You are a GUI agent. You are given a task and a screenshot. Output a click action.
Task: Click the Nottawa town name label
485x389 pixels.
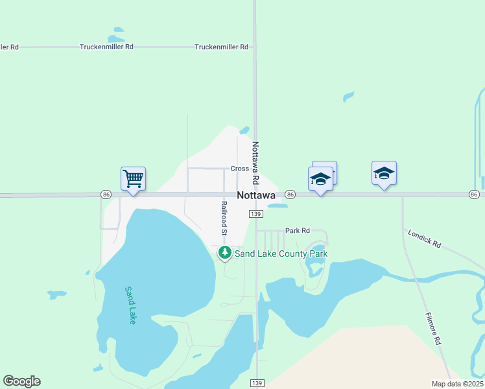click(x=257, y=195)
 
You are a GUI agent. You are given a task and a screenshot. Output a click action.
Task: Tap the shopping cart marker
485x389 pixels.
click(x=133, y=178)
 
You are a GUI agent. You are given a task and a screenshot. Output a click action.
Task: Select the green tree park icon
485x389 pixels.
click(x=225, y=253)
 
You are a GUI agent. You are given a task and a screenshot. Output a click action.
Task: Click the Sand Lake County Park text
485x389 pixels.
click(x=281, y=253)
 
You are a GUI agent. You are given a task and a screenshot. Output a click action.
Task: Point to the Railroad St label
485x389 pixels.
click(x=224, y=218)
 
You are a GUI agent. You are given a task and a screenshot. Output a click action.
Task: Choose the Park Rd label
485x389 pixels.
click(x=298, y=230)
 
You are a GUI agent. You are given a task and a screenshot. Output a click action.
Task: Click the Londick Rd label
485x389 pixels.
click(x=425, y=238)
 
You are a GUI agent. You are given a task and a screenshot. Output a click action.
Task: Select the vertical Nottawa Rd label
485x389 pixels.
click(x=255, y=162)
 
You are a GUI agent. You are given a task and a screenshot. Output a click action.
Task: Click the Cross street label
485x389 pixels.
click(x=240, y=169)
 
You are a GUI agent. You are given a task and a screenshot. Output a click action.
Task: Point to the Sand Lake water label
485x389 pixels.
click(x=130, y=305)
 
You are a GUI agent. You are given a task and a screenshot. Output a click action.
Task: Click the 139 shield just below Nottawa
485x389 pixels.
click(x=255, y=213)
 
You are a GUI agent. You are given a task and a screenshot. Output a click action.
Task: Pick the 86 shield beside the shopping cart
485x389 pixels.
click(x=106, y=194)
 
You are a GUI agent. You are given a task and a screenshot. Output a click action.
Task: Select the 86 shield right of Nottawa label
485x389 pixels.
click(x=290, y=194)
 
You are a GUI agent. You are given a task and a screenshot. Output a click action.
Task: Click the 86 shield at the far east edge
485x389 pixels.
click(x=474, y=194)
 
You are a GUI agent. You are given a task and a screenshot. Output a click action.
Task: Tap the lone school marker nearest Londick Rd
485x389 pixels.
click(x=384, y=173)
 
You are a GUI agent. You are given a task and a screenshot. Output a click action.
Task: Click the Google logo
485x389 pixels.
click(x=21, y=381)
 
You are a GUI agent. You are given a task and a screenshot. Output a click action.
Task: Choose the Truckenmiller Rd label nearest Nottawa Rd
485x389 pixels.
click(x=222, y=47)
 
